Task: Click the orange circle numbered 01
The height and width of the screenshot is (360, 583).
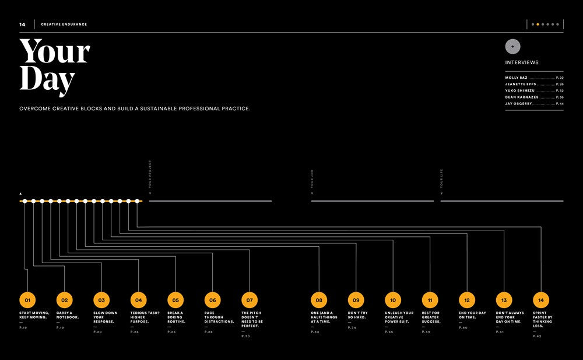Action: click(x=27, y=300)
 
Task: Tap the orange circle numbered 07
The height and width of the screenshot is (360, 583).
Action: click(x=249, y=300)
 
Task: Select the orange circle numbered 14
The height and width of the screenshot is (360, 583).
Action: click(x=541, y=300)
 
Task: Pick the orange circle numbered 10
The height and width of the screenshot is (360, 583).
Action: click(x=393, y=300)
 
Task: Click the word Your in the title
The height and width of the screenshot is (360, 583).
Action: click(x=55, y=53)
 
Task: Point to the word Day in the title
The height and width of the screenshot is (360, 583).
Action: click(x=47, y=81)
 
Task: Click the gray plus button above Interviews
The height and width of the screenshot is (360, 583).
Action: click(x=513, y=47)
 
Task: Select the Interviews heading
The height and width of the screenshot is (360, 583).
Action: click(x=522, y=62)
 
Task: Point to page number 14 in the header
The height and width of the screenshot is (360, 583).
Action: click(x=22, y=25)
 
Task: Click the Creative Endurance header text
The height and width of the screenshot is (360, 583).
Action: click(x=64, y=25)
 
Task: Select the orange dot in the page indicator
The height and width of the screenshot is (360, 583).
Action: click(x=538, y=25)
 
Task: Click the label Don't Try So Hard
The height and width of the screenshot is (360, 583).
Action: click(x=357, y=315)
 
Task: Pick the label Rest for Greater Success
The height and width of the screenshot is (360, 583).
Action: click(x=431, y=317)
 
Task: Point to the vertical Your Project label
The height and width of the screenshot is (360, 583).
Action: click(x=150, y=174)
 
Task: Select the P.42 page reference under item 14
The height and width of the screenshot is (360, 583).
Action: click(x=537, y=336)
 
